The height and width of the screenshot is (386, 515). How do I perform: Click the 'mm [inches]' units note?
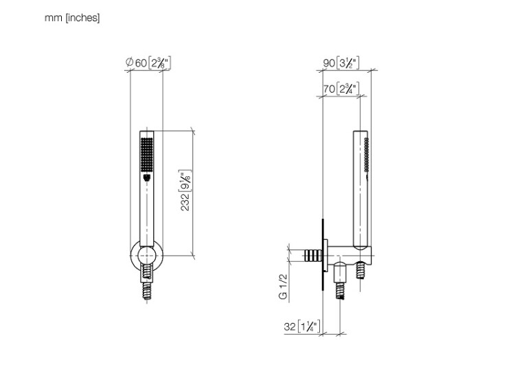72,18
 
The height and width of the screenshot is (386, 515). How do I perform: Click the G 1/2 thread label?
283,287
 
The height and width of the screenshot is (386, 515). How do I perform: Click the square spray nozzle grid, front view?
147,154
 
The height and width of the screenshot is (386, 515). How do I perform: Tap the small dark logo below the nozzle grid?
147,178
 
